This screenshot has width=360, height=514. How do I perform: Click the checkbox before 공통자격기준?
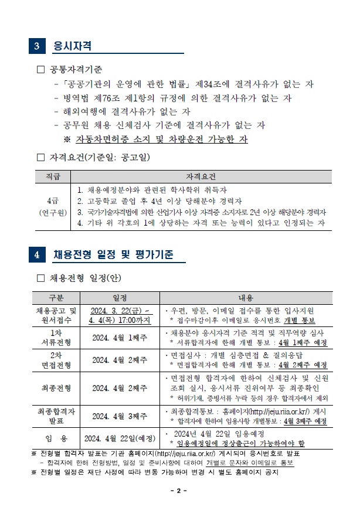(40, 70)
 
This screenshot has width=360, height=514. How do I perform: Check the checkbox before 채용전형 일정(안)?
(40, 277)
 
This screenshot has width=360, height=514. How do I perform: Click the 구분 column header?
(56, 297)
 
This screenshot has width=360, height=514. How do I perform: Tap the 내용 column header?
(245, 297)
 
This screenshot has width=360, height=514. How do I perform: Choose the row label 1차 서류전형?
(56, 338)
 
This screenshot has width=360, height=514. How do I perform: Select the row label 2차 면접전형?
(56, 360)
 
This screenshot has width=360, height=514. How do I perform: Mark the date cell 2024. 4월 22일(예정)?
(120, 438)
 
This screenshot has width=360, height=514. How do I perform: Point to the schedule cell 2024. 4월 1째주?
(120, 338)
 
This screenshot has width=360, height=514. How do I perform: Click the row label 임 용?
(56, 438)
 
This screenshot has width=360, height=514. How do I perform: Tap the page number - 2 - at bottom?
(179, 489)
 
